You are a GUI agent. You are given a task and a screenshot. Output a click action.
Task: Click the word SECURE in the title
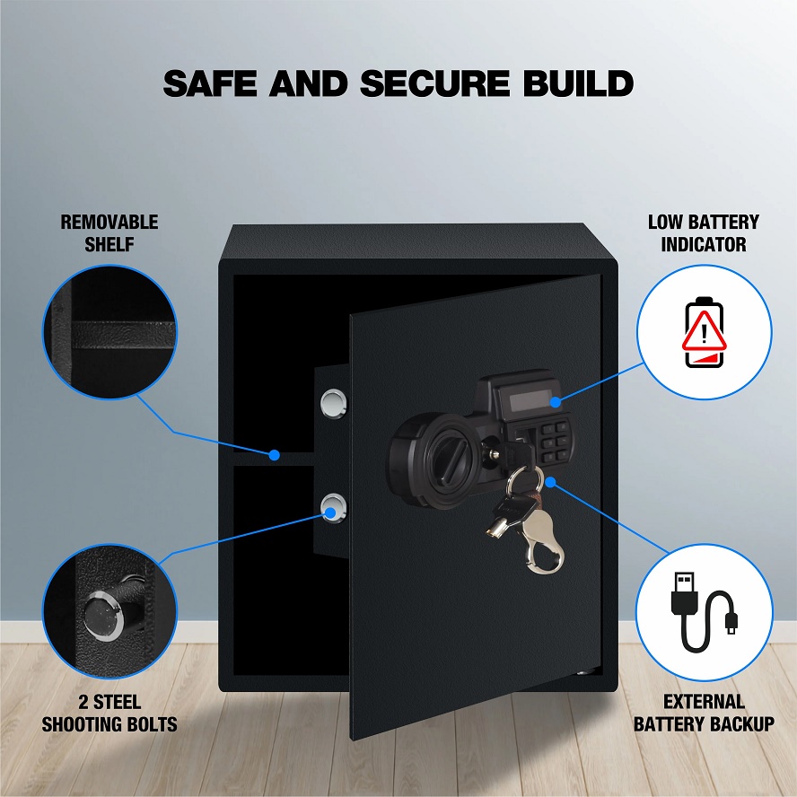434,83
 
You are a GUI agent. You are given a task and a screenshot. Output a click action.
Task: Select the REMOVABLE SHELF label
109,233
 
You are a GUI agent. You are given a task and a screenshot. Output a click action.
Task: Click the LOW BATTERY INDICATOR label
704,233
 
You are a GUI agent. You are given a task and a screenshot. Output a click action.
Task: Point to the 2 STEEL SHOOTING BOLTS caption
109,714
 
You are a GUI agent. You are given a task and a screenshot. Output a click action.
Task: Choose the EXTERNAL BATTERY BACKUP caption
704,713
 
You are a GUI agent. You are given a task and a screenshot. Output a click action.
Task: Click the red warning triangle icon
704,331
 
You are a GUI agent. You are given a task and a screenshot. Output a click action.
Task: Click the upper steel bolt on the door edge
334,404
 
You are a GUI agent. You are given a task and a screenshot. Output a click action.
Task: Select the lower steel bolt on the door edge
334,508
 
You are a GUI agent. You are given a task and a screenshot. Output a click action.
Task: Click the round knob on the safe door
443,460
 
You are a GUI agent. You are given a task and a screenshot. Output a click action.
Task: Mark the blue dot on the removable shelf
275,455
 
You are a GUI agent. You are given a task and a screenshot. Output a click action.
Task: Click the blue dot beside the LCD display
556,402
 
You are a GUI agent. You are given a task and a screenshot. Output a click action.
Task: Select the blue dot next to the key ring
550,482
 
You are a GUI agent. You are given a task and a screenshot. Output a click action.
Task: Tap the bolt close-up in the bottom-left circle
109,611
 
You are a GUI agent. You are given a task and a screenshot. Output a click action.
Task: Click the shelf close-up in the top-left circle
109,331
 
